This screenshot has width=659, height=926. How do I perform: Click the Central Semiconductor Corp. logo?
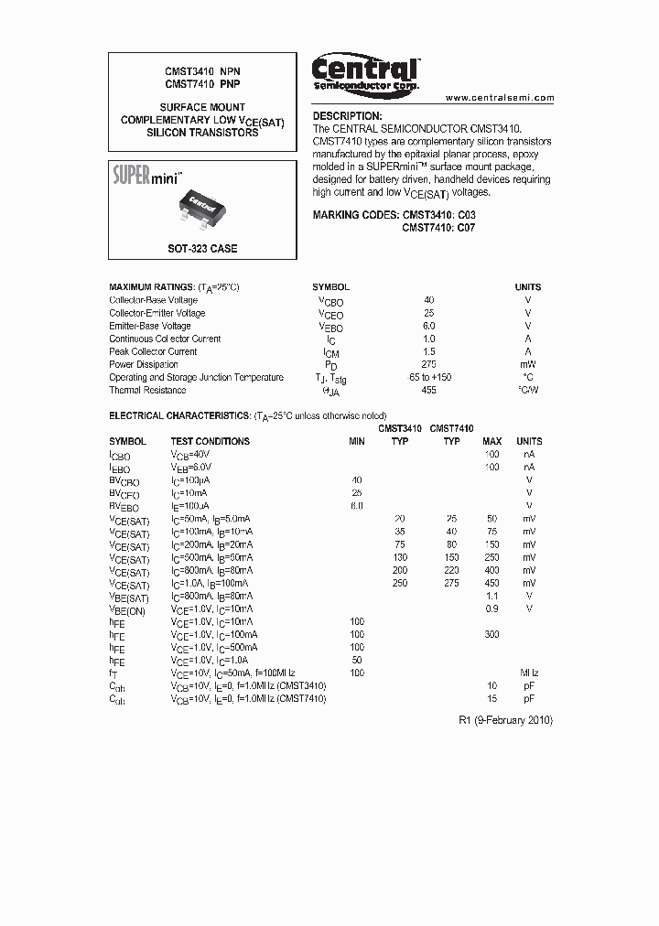[365, 73]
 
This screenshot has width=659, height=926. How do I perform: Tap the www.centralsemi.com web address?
[499, 97]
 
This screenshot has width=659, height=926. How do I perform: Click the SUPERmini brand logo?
[148, 175]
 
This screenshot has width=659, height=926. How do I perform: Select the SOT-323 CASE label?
[201, 249]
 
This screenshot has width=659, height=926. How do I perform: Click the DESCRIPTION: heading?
[347, 116]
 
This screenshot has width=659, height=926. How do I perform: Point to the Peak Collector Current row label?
[153, 351]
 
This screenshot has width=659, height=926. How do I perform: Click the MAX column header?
[492, 441]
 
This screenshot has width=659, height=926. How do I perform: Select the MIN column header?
[356, 441]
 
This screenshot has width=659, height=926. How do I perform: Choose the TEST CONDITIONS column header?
[210, 441]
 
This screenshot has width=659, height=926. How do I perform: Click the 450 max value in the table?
[492, 583]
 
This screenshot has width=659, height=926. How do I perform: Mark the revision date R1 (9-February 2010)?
[505, 720]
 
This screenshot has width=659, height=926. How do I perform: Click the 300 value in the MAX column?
[492, 634]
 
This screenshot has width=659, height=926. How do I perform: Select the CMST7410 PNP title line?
[202, 83]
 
